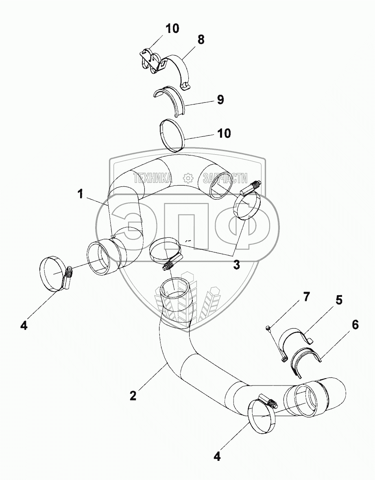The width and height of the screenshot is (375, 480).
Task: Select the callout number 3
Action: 236,265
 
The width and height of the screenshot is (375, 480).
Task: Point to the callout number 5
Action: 338,301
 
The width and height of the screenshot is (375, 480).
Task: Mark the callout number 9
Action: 220,100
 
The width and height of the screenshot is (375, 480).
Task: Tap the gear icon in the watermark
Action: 187,178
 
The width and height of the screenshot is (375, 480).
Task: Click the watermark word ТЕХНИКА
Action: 153,178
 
